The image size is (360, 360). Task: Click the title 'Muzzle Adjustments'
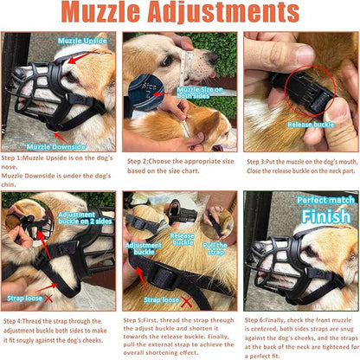179,16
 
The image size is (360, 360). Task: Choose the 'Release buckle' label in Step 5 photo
183,238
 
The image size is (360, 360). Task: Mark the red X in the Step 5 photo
203,300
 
